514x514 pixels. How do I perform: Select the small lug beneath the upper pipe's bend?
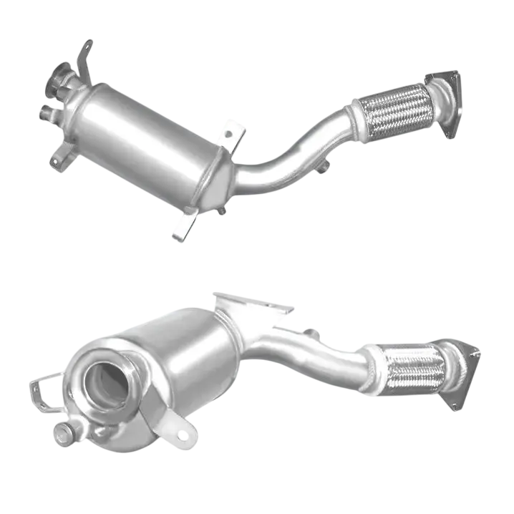point(324,169)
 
